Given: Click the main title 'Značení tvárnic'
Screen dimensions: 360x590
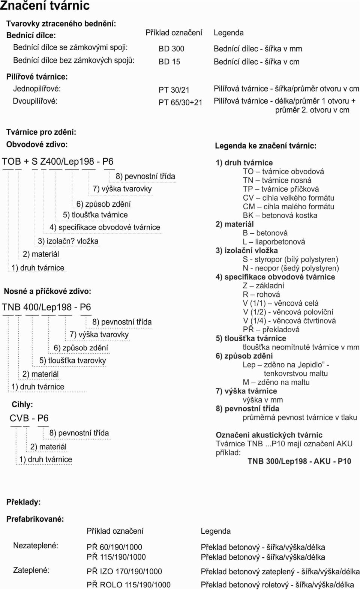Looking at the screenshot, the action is coord(45,6).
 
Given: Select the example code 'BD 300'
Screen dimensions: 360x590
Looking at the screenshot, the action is coord(171,49).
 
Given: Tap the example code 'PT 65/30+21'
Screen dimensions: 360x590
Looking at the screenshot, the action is coord(180,102).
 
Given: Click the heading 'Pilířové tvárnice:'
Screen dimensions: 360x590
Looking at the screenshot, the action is coord(37,77).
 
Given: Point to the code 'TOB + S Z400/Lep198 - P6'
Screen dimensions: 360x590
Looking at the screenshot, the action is coord(58,161).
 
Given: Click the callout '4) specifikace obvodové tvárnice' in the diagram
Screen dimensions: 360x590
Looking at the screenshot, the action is coord(105,227).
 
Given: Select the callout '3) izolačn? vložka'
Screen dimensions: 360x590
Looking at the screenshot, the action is coord(68,241).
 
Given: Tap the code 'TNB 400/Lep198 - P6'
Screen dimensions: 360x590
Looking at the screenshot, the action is coord(46,307).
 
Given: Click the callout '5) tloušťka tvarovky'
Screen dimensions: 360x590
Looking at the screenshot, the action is coord(73,360).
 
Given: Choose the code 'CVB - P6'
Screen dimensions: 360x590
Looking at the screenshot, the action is coord(29,418).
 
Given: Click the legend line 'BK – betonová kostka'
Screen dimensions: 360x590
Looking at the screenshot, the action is coord(280,215).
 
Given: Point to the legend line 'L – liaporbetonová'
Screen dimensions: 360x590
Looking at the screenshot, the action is coord(274,242).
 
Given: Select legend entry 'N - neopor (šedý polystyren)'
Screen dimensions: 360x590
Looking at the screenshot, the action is coord(291,268).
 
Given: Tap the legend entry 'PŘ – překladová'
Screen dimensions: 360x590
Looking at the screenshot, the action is coord(271,329).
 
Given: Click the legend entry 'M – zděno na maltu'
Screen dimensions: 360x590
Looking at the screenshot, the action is coord(276,382).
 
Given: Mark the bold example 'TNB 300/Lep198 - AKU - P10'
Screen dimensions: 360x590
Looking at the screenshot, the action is coord(299,461).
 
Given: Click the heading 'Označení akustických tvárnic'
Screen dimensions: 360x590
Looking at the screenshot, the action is coord(269,435).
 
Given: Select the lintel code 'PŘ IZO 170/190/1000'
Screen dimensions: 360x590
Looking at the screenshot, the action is coord(124,571).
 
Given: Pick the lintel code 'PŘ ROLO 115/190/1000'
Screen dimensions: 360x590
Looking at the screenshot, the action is coord(129,585).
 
